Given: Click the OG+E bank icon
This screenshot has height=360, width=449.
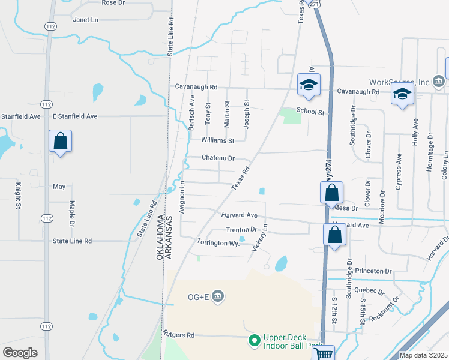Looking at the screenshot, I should tap(218, 295).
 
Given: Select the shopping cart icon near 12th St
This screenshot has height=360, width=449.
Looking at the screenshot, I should tap(324, 354).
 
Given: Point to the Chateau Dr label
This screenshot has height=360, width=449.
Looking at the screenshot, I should tap(217, 158).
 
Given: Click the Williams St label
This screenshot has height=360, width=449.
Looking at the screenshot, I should tap(217, 141).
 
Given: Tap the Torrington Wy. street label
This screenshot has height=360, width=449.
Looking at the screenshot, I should tap(218, 242).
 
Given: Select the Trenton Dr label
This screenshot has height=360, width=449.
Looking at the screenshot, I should tap(241, 230).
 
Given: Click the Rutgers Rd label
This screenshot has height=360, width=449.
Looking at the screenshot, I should tap(179, 334).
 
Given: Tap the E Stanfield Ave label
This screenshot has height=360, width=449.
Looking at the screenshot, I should tap(75, 116).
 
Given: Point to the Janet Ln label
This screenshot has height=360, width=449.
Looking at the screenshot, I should tap(85, 20).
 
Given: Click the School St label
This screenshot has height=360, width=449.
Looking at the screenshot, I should tap(312, 112).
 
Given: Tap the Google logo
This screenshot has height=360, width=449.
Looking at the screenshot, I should tap(20, 353).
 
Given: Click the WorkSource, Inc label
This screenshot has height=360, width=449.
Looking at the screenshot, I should tap(399, 82).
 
